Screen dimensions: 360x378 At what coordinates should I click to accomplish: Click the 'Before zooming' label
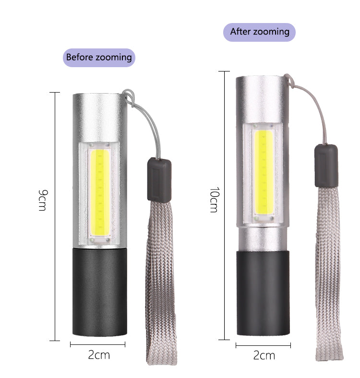[99, 58]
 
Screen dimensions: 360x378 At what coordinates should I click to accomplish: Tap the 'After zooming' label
[259, 32]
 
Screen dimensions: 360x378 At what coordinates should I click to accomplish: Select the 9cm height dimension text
[43, 200]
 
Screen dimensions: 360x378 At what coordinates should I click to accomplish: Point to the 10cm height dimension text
[214, 200]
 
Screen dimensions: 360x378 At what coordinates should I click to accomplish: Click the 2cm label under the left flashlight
[99, 355]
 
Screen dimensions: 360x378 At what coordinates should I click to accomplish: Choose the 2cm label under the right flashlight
[264, 355]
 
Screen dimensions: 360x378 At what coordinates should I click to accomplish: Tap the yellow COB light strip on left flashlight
[100, 193]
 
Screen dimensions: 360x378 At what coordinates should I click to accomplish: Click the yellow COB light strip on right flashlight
[264, 172]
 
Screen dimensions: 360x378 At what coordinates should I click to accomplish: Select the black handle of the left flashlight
[100, 292]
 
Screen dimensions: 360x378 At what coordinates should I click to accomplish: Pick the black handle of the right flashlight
[263, 293]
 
